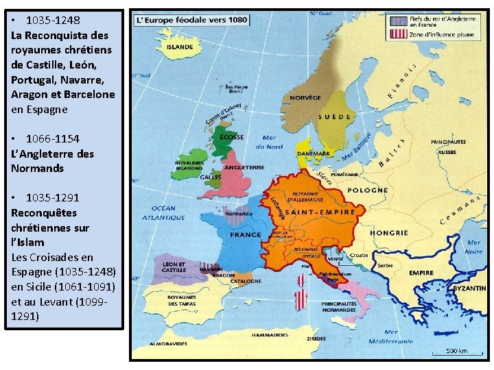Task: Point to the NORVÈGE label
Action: [305, 98]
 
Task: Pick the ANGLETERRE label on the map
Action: [244, 167]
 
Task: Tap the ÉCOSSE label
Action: [232, 136]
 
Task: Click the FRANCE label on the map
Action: [245, 234]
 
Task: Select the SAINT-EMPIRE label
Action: [325, 212]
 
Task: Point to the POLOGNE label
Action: [368, 190]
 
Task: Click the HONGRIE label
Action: [389, 233]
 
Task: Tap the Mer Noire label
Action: [473, 247]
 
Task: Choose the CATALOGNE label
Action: [246, 281]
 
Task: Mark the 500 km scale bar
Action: [456, 354]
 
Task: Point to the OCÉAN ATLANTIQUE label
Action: [165, 213]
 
